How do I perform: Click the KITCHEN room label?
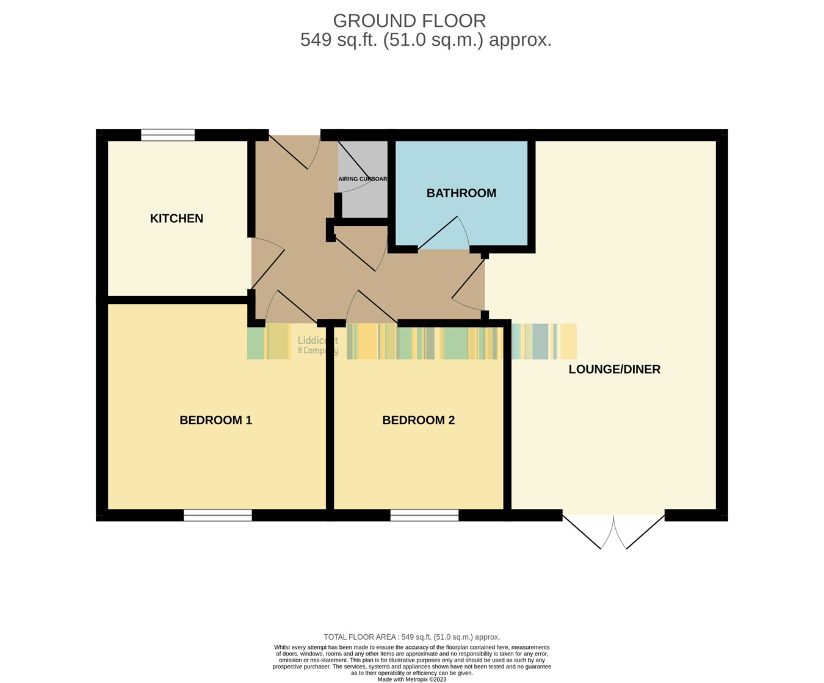[176, 219]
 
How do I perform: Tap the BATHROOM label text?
[461, 193]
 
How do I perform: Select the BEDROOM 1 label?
[215, 421]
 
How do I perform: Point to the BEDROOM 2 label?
[418, 421]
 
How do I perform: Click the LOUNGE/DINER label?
[614, 369]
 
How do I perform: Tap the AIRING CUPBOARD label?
[363, 179]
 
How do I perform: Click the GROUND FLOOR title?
[409, 21]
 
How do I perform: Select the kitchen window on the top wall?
[168, 135]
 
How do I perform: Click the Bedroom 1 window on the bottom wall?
[217, 516]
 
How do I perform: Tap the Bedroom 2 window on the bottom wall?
[424, 516]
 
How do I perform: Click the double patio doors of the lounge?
[613, 531]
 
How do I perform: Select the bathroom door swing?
[444, 235]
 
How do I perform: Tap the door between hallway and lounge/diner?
[469, 284]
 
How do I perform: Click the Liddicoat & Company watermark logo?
[317, 345]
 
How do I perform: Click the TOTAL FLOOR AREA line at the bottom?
[411, 637]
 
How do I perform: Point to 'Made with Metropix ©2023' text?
[411, 679]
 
